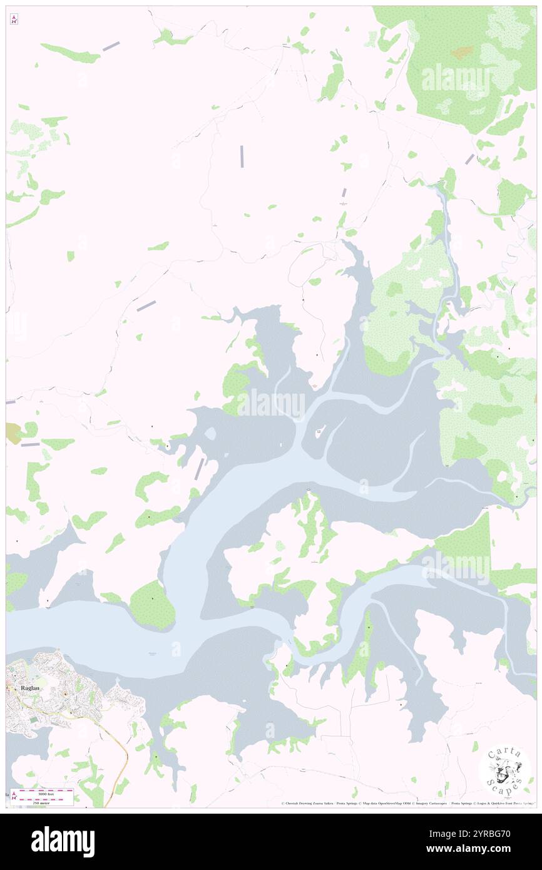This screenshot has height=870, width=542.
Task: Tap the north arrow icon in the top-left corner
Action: (14, 20)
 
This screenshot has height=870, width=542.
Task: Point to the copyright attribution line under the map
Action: (407, 804)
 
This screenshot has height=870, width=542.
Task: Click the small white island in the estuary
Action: (319, 433)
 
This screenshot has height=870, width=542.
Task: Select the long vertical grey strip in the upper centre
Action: (242, 156)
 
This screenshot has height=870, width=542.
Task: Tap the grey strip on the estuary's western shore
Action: (199, 469)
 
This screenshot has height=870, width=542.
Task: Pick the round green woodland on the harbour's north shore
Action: (152, 603)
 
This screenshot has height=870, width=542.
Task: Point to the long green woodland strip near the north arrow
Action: (71, 54)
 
